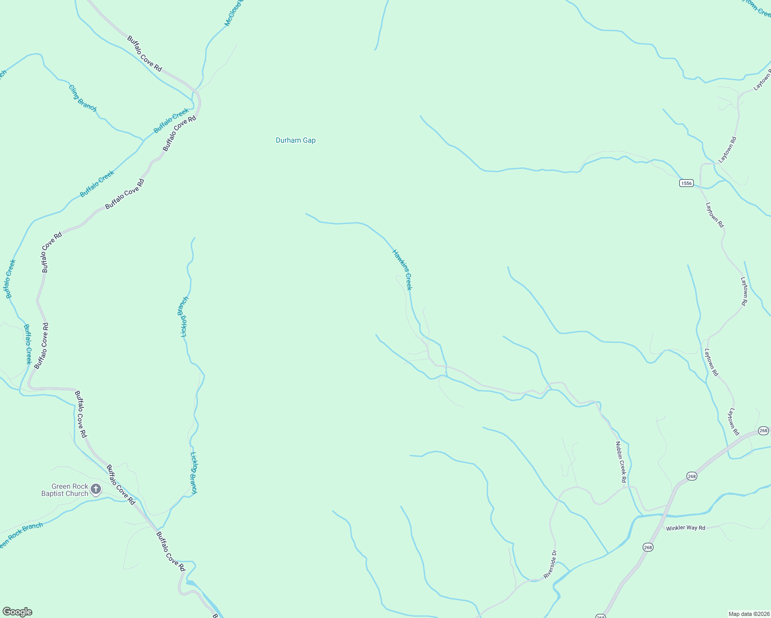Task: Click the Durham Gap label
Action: click(295, 140)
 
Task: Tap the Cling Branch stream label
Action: click(82, 98)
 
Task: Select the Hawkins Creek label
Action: click(403, 269)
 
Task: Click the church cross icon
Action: click(96, 489)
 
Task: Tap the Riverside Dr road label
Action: click(550, 564)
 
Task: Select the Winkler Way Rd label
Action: click(685, 528)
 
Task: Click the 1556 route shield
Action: click(686, 183)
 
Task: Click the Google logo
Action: click(17, 612)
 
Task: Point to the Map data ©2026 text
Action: click(748, 614)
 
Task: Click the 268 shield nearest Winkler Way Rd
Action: click(648, 547)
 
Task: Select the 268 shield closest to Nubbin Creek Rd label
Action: click(692, 476)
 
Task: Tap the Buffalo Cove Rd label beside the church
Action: click(121, 485)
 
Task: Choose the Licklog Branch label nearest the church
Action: click(194, 473)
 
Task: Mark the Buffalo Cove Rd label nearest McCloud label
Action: click(145, 54)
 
